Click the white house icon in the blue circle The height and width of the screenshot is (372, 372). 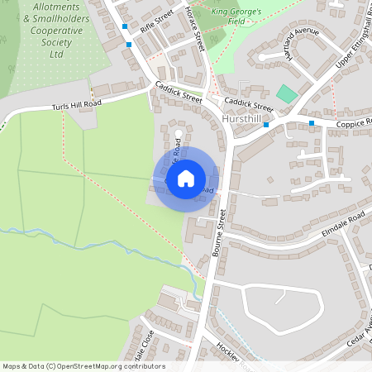click(185, 178)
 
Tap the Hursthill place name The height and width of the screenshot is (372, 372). click(243, 120)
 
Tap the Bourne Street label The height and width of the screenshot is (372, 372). click(222, 236)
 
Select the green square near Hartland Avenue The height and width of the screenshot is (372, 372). click(285, 94)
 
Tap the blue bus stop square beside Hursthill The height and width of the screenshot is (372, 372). click(266, 124)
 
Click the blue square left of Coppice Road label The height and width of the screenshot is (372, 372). click(312, 122)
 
